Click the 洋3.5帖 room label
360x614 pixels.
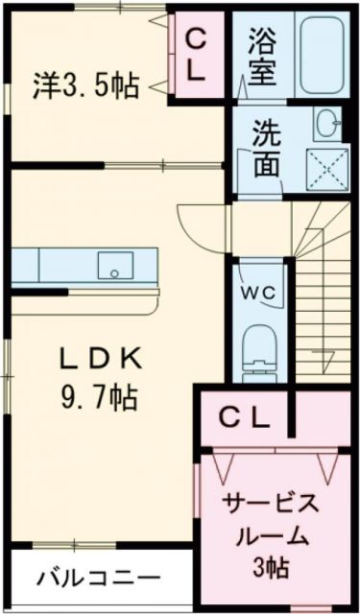click(x=84, y=87)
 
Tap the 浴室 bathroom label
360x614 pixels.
click(x=260, y=58)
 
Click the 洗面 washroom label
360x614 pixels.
click(x=266, y=149)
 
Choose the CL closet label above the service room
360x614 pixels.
click(x=245, y=417)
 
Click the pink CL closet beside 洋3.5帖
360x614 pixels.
click(x=196, y=56)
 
